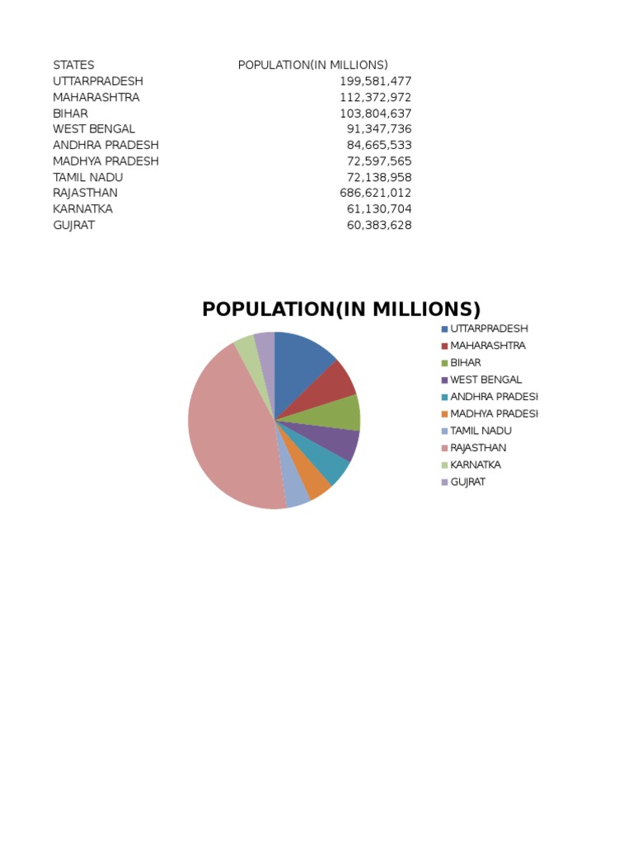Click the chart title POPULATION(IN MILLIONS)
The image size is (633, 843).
point(341,310)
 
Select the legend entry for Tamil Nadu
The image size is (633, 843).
point(481,431)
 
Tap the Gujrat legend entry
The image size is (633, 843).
point(467,482)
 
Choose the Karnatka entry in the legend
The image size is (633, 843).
point(475,464)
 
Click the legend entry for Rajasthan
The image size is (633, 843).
point(478,448)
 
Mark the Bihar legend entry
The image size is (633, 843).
point(465,362)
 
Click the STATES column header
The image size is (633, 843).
point(73,65)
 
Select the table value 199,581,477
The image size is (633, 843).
point(375,82)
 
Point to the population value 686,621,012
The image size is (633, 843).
point(375,193)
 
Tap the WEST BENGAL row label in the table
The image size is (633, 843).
point(94,129)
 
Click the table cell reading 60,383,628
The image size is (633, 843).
point(378,225)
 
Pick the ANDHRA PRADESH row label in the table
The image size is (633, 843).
point(105,145)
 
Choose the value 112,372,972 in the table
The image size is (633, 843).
point(375,97)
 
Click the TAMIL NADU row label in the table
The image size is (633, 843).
point(88,177)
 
